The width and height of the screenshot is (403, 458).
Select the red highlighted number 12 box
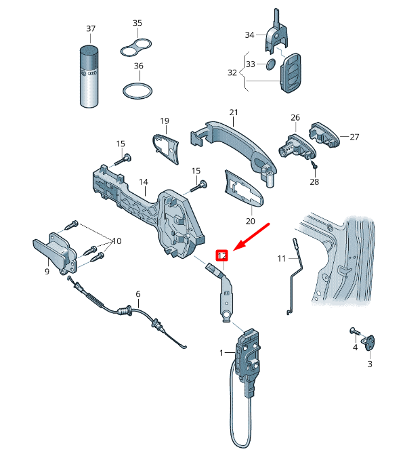[222, 255]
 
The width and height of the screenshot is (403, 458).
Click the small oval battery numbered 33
[270, 64]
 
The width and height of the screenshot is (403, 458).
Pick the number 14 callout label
[143, 182]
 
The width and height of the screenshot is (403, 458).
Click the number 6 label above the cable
[138, 294]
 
